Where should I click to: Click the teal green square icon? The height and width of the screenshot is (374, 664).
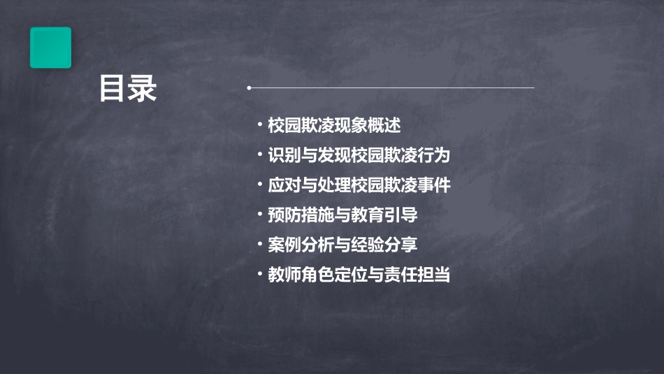[x=50, y=48]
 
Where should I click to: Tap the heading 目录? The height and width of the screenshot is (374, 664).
[x=127, y=89]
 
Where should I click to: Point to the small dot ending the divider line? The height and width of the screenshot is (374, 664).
[x=249, y=88]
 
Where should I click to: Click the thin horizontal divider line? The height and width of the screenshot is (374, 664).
[x=391, y=88]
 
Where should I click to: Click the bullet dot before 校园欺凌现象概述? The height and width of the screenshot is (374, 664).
[x=260, y=126]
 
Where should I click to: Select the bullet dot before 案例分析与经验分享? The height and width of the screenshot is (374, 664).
[x=260, y=245]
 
